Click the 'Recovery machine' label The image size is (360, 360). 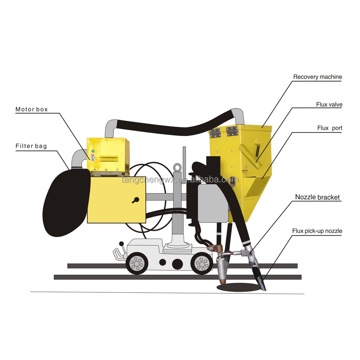(317, 77)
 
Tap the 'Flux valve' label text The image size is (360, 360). (329, 105)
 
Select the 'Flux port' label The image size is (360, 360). (329, 128)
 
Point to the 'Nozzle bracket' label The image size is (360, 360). (318, 197)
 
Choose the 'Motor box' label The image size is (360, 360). (31, 109)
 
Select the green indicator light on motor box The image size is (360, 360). (93, 151)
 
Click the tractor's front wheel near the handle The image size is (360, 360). (137, 264)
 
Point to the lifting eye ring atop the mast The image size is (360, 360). (177, 167)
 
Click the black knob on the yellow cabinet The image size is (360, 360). (135, 201)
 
